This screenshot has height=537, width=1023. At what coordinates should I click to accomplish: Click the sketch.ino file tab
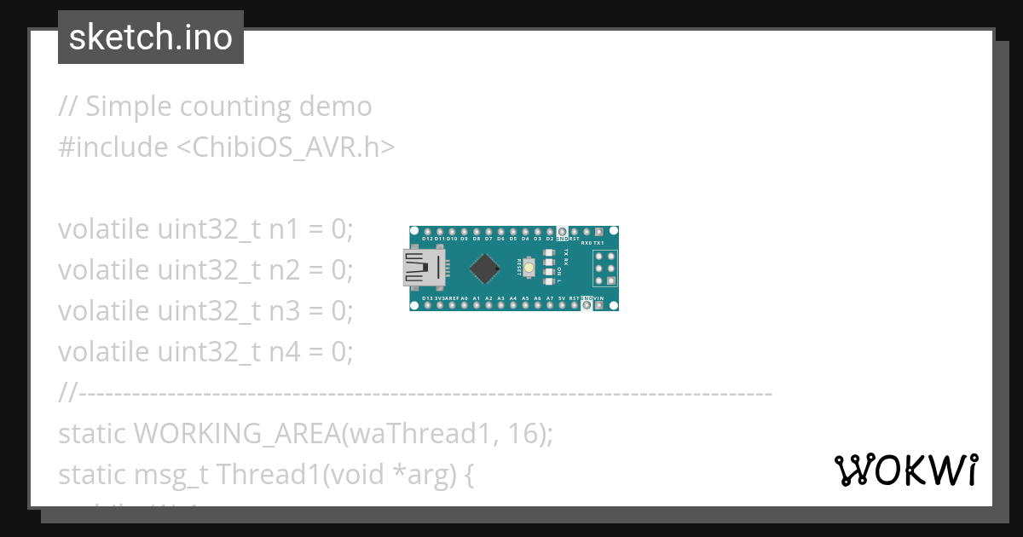coord(151,38)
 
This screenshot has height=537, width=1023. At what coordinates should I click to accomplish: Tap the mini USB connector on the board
coord(424,268)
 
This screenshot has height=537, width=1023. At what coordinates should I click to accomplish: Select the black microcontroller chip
coord(484,268)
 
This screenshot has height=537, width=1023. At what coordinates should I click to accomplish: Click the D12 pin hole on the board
coord(427,232)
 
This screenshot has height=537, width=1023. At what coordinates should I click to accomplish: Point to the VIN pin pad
coord(599,305)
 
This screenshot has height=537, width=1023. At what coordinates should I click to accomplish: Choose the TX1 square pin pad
coord(599,232)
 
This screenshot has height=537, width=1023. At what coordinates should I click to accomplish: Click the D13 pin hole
coord(427,305)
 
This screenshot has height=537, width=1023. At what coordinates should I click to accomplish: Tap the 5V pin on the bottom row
coord(562,305)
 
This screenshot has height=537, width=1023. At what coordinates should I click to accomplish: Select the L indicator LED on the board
coord(548,282)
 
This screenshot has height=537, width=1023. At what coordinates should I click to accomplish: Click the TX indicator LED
coord(548,253)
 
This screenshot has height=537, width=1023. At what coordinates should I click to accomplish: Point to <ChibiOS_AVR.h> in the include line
coord(286,147)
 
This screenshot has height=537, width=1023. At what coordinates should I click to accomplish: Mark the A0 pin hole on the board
coord(464,305)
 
